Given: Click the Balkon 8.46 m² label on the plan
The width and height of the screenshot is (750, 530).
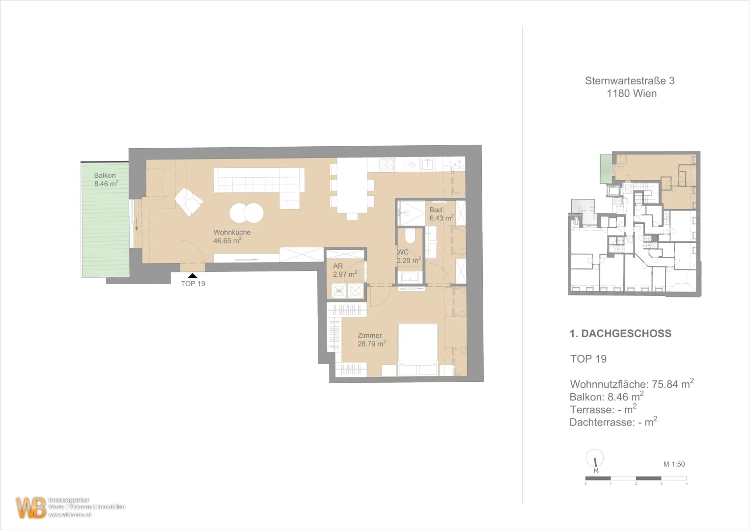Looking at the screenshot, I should (x=106, y=180).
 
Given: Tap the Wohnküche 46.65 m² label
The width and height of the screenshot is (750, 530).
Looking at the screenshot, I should (x=231, y=237).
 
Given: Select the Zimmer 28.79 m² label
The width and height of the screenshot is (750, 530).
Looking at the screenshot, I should (x=371, y=340).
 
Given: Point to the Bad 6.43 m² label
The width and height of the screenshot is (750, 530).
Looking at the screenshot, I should (x=441, y=214).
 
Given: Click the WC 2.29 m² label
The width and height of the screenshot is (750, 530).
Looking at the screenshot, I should (x=408, y=256).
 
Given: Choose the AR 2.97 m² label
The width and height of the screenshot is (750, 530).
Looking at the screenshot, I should (x=344, y=270).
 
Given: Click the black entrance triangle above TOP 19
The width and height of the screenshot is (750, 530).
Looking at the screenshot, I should (x=193, y=276).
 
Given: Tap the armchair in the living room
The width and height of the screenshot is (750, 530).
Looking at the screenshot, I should (x=189, y=202).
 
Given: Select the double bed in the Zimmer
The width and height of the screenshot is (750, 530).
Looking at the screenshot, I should (x=417, y=349).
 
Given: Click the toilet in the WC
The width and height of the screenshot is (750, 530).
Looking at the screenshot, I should (x=410, y=237).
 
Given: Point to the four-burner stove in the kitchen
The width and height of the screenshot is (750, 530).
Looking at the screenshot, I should (x=387, y=164).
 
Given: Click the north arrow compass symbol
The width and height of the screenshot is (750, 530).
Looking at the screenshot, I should (x=595, y=459).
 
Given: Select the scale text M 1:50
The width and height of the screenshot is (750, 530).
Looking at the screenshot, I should (x=673, y=464).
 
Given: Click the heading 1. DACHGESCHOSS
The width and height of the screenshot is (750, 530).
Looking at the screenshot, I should (x=620, y=334).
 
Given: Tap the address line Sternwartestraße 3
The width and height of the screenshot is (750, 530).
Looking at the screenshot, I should (x=629, y=81).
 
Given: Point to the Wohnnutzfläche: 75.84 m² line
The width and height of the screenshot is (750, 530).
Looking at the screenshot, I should (x=631, y=384).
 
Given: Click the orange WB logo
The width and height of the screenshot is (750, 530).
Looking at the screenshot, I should (x=31, y=507).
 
